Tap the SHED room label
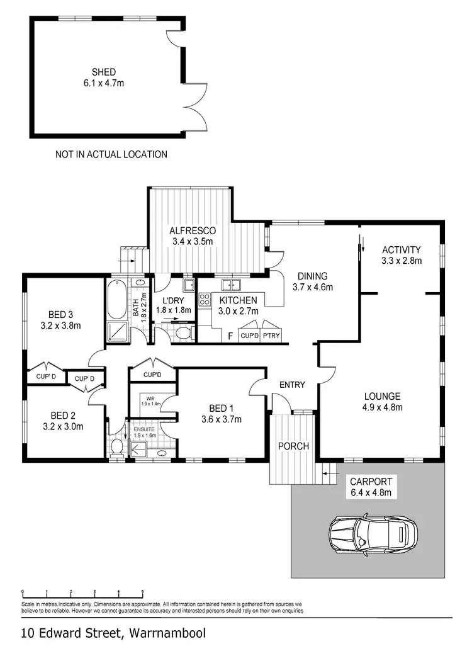tap(103, 72)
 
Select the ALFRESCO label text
tap(193, 230)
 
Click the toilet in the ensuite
tap(116, 448)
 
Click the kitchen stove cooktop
tap(205, 300)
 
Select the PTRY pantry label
tap(272, 336)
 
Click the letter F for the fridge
tap(230, 336)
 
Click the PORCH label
tap(293, 446)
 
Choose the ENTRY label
tap(293, 385)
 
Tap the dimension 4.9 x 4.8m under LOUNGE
tap(382, 407)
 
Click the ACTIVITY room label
tap(401, 249)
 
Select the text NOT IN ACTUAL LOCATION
tap(111, 154)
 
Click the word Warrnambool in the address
tap(167, 633)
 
